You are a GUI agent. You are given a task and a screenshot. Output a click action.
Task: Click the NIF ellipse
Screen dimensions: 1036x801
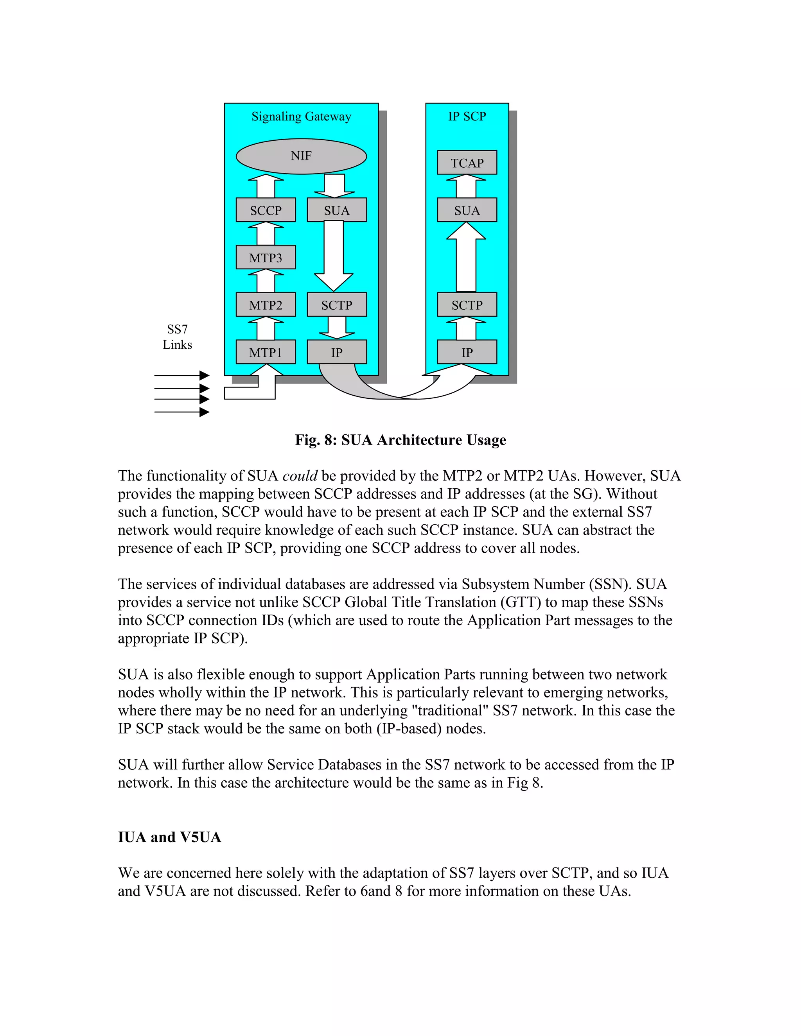click(x=301, y=156)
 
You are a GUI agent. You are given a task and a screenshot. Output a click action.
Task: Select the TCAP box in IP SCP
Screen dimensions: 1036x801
click(x=467, y=163)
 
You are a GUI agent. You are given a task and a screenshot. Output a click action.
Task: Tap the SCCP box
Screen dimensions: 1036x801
click(x=266, y=210)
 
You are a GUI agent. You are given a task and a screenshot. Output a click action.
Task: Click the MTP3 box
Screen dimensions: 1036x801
click(x=266, y=258)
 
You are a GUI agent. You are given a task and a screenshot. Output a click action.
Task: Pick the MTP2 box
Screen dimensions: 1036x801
click(x=266, y=305)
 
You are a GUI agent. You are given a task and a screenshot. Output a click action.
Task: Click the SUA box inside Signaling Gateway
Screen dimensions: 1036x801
click(x=336, y=210)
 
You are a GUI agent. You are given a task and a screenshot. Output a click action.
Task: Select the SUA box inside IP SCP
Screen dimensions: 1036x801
click(x=467, y=210)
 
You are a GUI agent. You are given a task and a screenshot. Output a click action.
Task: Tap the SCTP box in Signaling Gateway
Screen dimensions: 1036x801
click(x=336, y=305)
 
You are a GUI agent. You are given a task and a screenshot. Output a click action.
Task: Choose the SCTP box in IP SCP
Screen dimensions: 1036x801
click(x=467, y=305)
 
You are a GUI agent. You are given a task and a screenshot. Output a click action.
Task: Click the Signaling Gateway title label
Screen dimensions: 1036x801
click(x=301, y=116)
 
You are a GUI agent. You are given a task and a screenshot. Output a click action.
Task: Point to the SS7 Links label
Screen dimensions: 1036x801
click(x=177, y=337)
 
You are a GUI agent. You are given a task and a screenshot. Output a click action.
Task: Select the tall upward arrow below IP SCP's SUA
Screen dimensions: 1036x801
click(x=466, y=258)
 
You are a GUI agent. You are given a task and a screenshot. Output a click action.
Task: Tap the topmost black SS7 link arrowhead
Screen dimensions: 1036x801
click(x=205, y=375)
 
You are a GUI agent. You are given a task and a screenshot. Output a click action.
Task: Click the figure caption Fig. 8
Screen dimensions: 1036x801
click(x=400, y=440)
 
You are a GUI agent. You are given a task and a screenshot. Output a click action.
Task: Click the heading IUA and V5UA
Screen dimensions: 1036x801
click(x=169, y=837)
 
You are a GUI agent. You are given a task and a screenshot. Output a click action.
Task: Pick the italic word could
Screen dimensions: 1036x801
click(x=300, y=476)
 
